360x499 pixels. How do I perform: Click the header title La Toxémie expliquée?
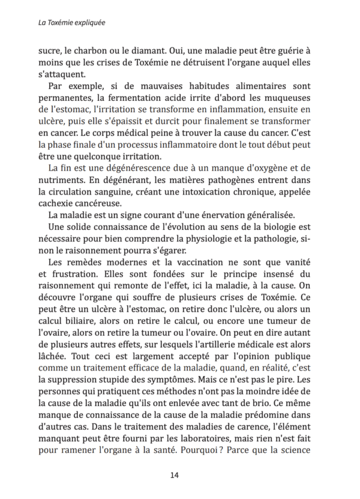(x=71, y=23)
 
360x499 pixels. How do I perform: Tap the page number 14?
(x=175, y=475)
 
